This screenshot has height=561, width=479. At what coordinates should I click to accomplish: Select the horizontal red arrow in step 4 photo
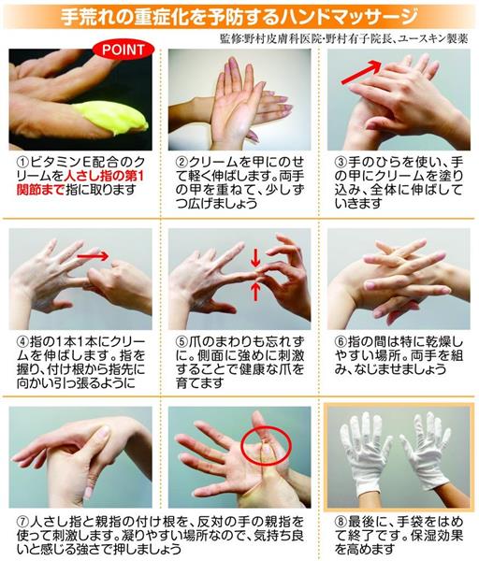(94, 254)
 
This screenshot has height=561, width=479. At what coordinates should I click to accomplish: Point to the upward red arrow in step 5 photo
(256, 292)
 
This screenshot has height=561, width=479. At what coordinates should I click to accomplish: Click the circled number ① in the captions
(20, 161)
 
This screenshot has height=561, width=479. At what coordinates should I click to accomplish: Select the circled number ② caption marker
(180, 161)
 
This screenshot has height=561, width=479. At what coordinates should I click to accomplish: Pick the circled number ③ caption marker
(339, 161)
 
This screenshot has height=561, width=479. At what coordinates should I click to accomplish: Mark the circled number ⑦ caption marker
(20, 516)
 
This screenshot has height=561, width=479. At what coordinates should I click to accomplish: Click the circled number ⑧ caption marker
(339, 516)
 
